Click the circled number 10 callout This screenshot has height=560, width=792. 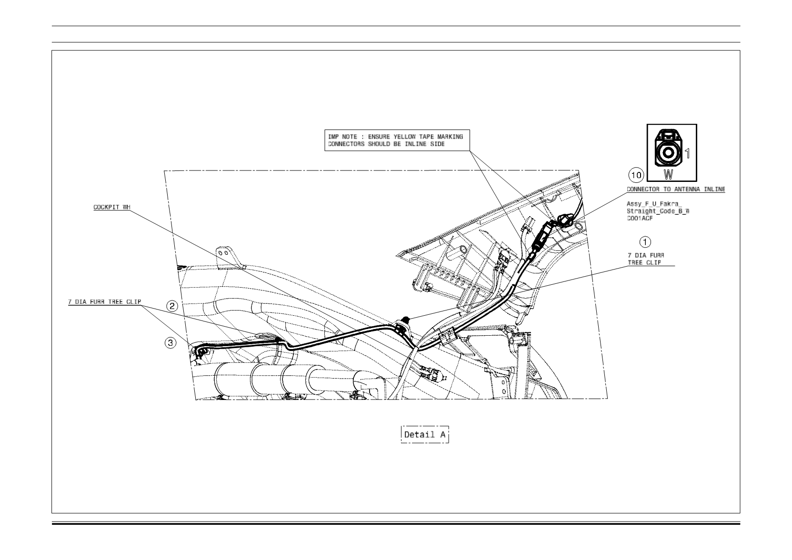click(636, 175)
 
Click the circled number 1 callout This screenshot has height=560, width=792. click(645, 242)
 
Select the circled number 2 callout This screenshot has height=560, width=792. click(172, 306)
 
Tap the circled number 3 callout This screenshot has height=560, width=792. click(171, 342)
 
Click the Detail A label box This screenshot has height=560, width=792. click(425, 434)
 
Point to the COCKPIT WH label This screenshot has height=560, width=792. click(112, 207)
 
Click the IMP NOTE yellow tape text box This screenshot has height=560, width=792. click(397, 140)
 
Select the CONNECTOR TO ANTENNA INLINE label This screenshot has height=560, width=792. click(676, 189)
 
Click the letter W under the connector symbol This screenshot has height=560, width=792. click(668, 174)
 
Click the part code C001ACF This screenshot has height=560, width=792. click(640, 219)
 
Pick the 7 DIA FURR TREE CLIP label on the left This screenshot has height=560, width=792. click(105, 302)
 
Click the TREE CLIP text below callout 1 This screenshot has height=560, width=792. click(644, 263)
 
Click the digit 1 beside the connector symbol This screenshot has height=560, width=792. click(687, 153)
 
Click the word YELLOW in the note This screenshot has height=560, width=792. click(405, 137)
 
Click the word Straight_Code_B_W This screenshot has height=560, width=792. click(658, 211)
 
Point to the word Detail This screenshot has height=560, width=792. click(420, 434)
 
